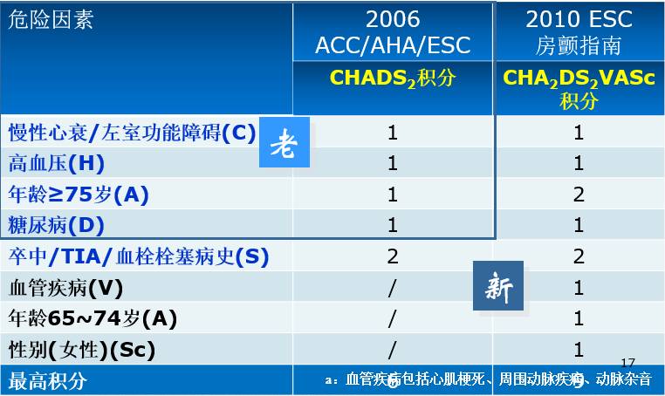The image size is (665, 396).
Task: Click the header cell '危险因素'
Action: [50, 20]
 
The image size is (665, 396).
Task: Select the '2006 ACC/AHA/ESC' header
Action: [393, 32]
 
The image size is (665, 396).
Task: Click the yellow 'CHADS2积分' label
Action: [393, 78]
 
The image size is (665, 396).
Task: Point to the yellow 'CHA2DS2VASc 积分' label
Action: [579, 89]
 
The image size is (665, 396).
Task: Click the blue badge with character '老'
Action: [285, 143]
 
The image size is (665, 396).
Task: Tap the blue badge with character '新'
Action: [498, 285]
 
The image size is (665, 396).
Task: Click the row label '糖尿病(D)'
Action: [56, 225]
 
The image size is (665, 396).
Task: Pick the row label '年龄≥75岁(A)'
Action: [79, 195]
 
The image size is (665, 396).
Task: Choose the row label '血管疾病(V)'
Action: [65, 288]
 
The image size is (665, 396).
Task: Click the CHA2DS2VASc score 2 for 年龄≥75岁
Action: [579, 195]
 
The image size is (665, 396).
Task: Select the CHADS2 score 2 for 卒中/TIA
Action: [393, 256]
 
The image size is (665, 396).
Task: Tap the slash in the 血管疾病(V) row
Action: [393, 288]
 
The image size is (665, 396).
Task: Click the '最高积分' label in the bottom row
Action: [47, 380]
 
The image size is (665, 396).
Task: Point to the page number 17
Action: [628, 362]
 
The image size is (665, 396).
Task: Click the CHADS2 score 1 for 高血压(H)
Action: [393, 163]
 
